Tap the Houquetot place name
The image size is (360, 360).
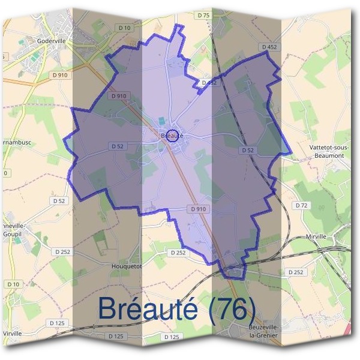pyautogui.click(x=126, y=265)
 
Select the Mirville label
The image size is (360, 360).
pyautogui.click(x=315, y=236)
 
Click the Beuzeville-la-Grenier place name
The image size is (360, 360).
pyautogui.click(x=250, y=330)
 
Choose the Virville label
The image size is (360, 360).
pyautogui.click(x=12, y=332)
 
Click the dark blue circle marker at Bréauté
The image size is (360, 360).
pyautogui.click(x=172, y=134)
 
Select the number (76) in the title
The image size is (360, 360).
pyautogui.click(x=227, y=308)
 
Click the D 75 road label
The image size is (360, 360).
pyautogui.click(x=203, y=15)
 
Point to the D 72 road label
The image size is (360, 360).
pyautogui.click(x=301, y=205)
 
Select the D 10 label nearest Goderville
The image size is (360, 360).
pyautogui.click(x=125, y=28)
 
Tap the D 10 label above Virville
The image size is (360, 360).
pyautogui.click(x=13, y=283)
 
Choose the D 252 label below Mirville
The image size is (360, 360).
pyautogui.click(x=295, y=272)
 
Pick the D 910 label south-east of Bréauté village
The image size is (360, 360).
pyautogui.click(x=198, y=209)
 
